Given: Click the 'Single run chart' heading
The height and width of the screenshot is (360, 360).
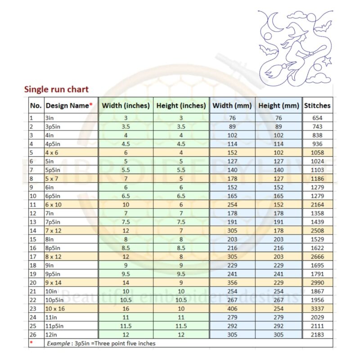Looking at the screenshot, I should pyautogui.click(x=56, y=89).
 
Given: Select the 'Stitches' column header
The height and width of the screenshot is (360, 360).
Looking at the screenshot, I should pyautogui.click(x=317, y=106).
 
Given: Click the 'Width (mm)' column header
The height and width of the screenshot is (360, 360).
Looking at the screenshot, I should pyautogui.click(x=232, y=106).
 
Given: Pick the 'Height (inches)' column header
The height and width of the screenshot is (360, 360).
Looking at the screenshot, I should pyautogui.click(x=181, y=106).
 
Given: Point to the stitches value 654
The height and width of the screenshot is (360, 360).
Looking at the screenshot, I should pyautogui.click(x=317, y=118).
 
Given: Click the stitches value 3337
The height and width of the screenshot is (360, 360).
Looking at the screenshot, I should pyautogui.click(x=317, y=309).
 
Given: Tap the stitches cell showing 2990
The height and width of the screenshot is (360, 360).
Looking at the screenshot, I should pyautogui.click(x=317, y=283).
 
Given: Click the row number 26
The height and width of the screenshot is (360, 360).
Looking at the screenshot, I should pyautogui.click(x=33, y=335).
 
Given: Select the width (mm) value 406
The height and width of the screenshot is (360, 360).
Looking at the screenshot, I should pyautogui.click(x=232, y=309).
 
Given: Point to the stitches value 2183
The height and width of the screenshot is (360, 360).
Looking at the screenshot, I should pyautogui.click(x=317, y=335).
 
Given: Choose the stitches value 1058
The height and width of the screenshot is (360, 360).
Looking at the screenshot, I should pyautogui.click(x=317, y=153).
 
